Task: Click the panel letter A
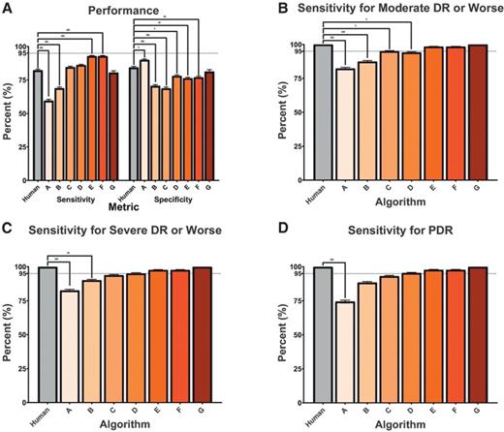(7, 8)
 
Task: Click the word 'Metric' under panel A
(104, 206)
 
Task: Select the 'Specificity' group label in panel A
(155, 198)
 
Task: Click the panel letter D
(258, 229)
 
